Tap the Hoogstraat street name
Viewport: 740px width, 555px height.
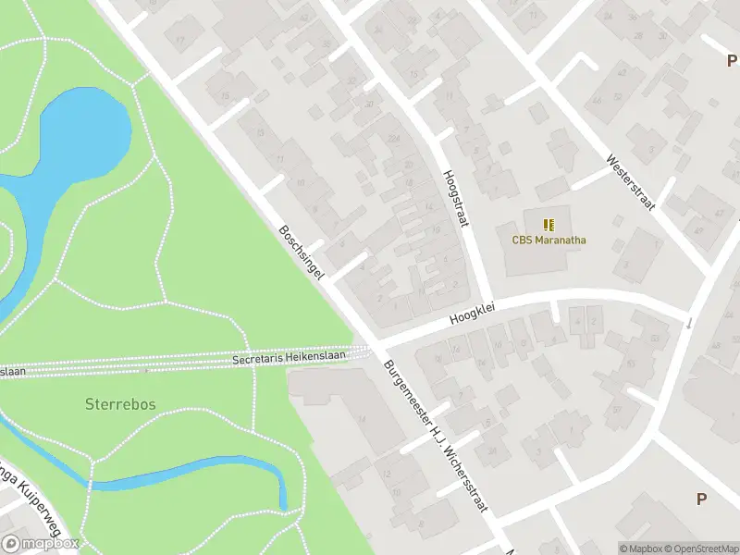(457, 195)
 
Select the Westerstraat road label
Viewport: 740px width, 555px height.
(630, 181)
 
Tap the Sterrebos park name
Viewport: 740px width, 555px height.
(120, 404)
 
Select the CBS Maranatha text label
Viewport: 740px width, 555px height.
(549, 240)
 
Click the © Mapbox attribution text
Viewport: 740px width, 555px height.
(641, 548)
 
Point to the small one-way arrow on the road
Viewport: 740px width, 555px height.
(688, 323)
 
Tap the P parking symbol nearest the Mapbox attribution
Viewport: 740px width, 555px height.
(701, 499)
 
